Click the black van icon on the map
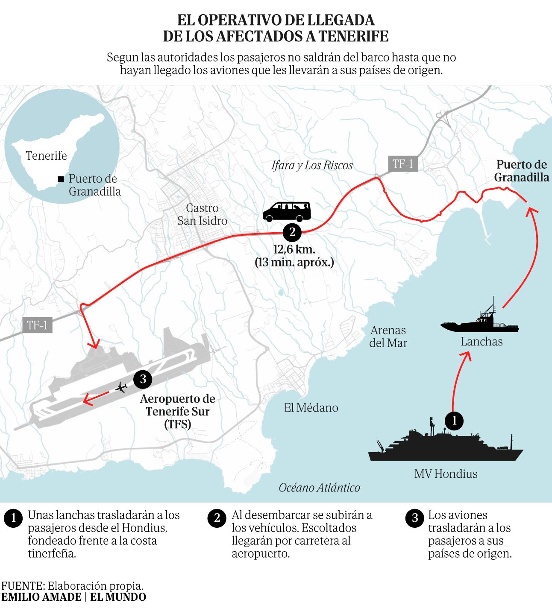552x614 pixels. pos(287,212)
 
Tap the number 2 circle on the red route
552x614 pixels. pos(292,232)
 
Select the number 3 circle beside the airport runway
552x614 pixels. pos(143,379)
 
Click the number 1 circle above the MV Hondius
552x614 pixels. pos(454,421)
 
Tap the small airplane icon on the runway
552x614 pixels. pos(121,388)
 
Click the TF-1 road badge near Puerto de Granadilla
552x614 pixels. pos(403,164)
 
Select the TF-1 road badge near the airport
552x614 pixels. pos(37,325)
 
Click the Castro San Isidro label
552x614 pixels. pos(202,214)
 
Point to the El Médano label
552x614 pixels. pos(311,408)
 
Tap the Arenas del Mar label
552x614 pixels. pos(388,336)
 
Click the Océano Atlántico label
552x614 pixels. pos(320,488)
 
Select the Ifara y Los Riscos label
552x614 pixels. pos(312,166)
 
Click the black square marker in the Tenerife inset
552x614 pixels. pos(61,179)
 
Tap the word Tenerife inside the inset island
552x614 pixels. pos(46,155)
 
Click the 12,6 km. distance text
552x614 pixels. pos(294,249)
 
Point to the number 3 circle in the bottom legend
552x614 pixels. pos(414,518)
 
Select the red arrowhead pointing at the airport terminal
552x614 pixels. pos(94,345)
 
